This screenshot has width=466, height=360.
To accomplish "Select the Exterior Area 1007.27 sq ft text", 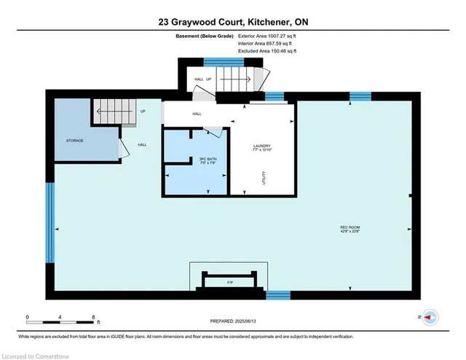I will pos(268,36).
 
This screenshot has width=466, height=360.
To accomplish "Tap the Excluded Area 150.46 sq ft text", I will pos(267,51).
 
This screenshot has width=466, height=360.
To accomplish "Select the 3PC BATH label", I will pos(208,160).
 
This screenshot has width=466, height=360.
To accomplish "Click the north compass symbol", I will pos(430,318).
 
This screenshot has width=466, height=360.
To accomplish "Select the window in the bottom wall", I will pos(277,295).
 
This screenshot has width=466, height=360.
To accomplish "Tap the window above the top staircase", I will pos(213,61).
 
